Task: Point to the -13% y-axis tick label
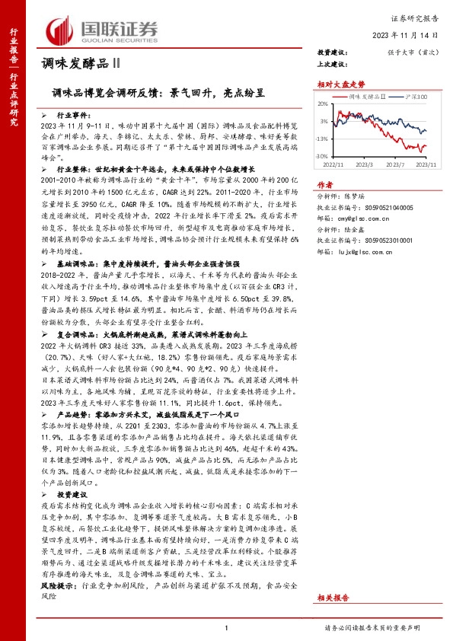[x=322, y=139]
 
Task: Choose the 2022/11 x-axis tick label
[x=334, y=163]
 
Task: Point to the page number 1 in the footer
[x=226, y=628]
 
